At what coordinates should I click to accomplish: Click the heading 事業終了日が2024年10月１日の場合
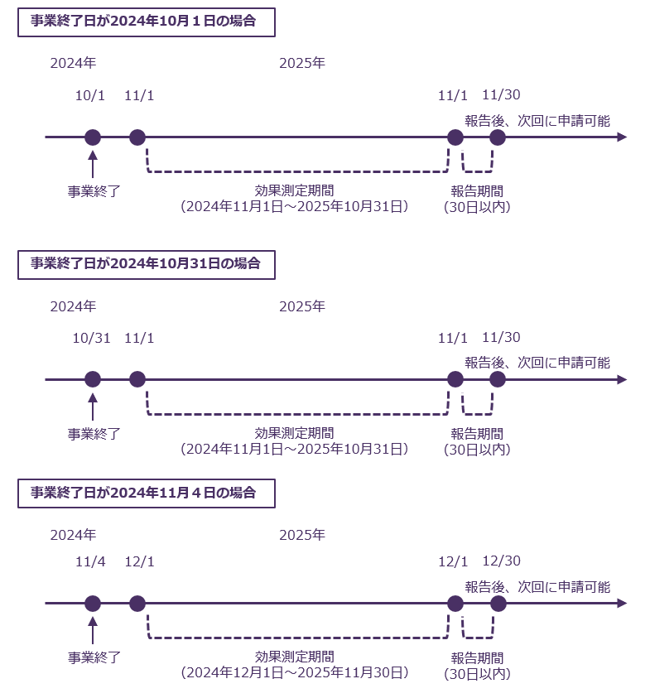146,22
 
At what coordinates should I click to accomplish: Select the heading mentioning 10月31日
146,264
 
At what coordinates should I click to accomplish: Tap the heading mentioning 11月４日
146,493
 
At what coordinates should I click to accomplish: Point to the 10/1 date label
90,95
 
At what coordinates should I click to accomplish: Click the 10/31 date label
91,338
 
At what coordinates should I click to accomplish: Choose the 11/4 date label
90,561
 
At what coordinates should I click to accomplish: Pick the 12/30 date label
501,561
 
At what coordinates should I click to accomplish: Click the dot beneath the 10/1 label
93,137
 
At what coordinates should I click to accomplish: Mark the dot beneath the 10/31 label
93,379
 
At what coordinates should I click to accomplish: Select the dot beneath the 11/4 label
93,604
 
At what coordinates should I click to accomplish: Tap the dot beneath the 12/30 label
498,604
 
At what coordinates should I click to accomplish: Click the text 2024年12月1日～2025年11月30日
295,672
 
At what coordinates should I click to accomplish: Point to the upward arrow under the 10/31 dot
93,407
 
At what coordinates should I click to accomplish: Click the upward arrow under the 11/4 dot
93,630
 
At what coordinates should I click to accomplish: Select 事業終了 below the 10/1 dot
94,191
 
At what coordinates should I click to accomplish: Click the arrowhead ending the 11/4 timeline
622,604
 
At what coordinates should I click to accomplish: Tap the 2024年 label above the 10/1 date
73,63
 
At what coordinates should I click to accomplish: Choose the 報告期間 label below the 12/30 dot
477,658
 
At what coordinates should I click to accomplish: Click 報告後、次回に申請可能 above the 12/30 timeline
537,587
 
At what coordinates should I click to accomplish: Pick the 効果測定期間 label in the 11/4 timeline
295,657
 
